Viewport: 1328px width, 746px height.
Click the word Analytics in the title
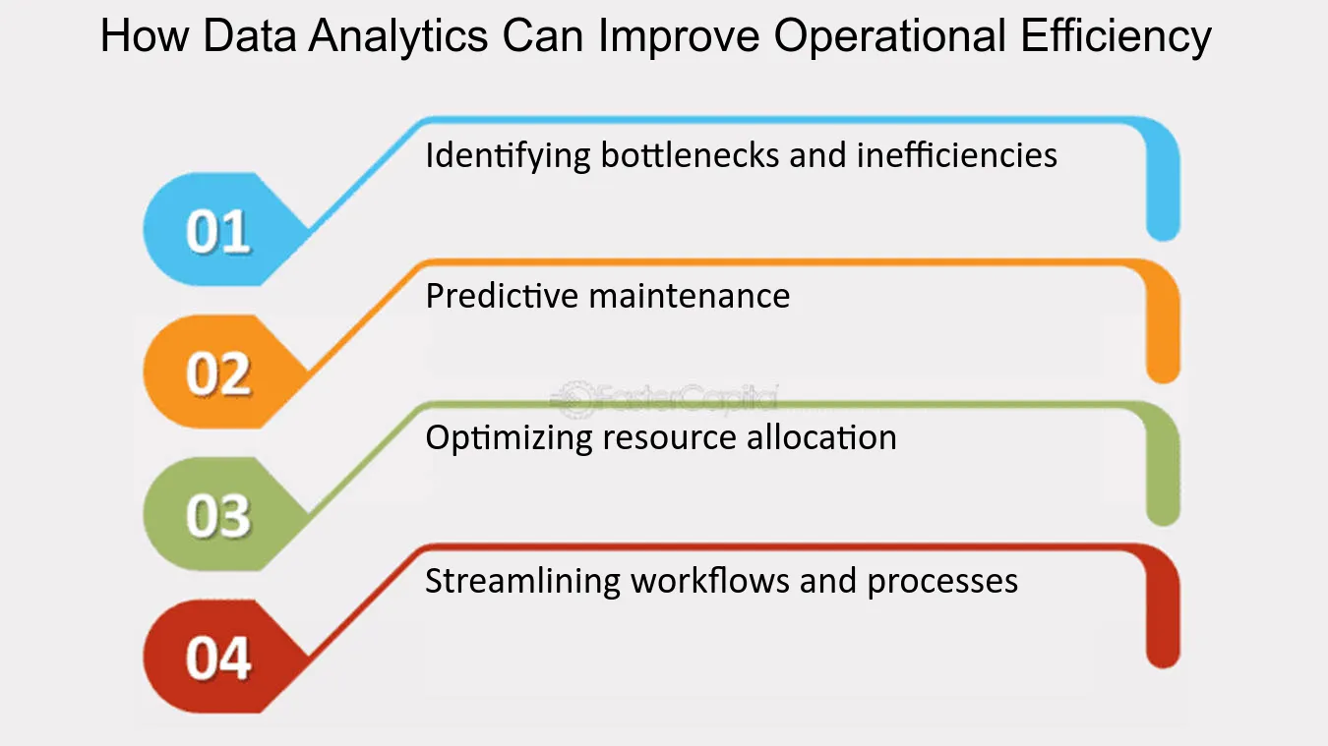397,36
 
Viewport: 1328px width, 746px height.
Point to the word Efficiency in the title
1116,36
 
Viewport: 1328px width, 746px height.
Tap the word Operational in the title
890,36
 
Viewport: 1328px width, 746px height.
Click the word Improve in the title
678,36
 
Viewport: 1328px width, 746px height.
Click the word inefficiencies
957,155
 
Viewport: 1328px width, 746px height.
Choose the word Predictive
502,296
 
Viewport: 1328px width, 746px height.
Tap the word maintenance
690,296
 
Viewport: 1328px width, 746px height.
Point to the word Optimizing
509,439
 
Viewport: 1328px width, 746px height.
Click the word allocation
821,438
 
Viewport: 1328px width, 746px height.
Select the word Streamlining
522,581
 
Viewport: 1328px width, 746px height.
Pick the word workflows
709,580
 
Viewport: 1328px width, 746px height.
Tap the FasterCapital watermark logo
664,398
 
